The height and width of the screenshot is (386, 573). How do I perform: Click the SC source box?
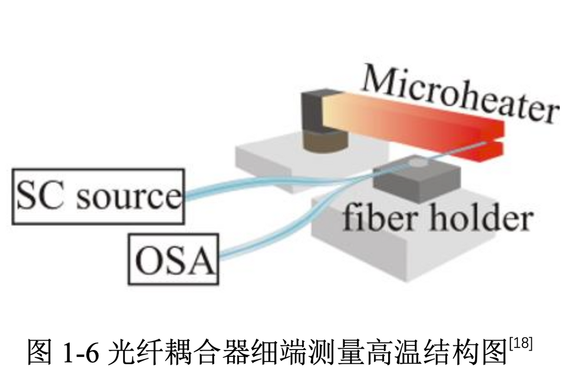pyautogui.click(x=98, y=196)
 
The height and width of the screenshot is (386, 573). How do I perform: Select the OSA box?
pyautogui.click(x=173, y=259)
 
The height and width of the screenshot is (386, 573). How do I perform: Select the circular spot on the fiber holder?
pyautogui.click(x=416, y=164)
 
